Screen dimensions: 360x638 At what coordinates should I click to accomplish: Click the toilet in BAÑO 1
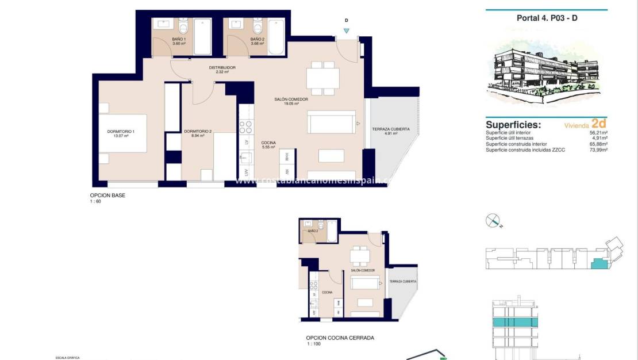(183, 28)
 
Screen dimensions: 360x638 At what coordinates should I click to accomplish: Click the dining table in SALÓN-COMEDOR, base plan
(322, 78)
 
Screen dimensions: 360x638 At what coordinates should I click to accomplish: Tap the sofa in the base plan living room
(330, 123)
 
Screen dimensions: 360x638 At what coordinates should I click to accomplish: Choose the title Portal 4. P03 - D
(547, 18)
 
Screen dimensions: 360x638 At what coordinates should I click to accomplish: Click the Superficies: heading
(513, 124)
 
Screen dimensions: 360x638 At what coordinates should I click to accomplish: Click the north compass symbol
(493, 220)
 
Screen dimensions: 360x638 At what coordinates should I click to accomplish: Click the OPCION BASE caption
(107, 196)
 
